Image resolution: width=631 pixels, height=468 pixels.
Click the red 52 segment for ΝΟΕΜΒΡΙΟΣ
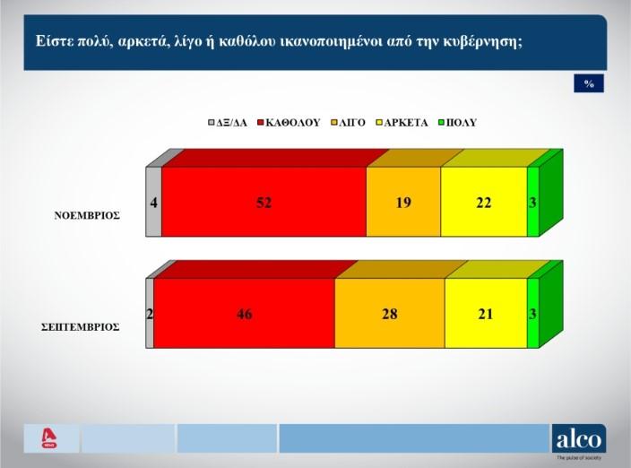pyautogui.click(x=264, y=202)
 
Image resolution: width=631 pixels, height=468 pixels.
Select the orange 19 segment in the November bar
pyautogui.click(x=403, y=202)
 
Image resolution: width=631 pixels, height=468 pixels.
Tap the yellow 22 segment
pyautogui.click(x=484, y=202)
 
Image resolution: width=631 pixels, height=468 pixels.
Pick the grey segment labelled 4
pyautogui.click(x=153, y=202)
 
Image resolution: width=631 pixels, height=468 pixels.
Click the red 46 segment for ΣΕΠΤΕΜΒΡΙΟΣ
pyautogui.click(x=245, y=313)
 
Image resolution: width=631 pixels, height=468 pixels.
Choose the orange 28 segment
pyautogui.click(x=390, y=313)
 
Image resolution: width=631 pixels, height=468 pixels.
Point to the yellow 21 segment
pyautogui.click(x=486, y=313)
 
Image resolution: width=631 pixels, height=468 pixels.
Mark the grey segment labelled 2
pyautogui.click(x=150, y=313)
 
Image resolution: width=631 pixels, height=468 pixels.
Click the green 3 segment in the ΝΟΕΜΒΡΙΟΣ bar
pyautogui.click(x=532, y=202)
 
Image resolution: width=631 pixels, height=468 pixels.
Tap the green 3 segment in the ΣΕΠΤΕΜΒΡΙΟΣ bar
pyautogui.click(x=532, y=313)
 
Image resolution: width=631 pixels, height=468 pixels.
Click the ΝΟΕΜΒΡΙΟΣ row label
pyautogui.click(x=87, y=216)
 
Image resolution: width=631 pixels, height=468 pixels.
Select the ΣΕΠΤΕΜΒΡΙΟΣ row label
pyautogui.click(x=81, y=326)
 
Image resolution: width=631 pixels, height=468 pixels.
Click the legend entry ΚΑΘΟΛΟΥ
pyautogui.click(x=289, y=123)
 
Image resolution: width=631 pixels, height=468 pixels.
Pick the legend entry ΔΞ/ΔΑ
pyautogui.click(x=228, y=123)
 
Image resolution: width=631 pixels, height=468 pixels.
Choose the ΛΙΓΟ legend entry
pyautogui.click(x=348, y=123)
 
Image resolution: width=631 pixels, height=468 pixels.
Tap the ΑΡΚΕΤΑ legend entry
pyautogui.click(x=402, y=123)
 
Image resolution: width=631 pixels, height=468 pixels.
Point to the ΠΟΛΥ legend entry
pyautogui.click(x=457, y=123)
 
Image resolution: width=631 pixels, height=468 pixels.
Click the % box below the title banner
pyautogui.click(x=589, y=83)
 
